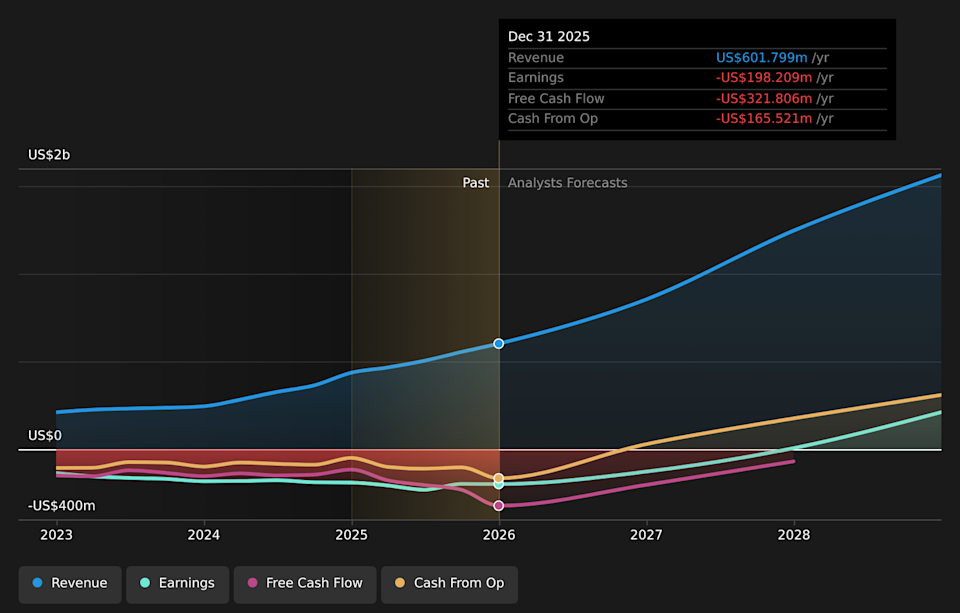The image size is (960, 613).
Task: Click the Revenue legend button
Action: coord(70,583)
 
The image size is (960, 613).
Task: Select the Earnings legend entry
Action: coord(177,583)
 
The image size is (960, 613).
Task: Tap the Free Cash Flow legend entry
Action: coord(305,583)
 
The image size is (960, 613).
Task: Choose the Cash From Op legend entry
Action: coord(449,583)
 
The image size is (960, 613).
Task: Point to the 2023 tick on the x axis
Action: coord(57,535)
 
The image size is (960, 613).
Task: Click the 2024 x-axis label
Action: coord(204,535)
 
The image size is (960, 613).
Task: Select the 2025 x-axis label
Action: coord(352,535)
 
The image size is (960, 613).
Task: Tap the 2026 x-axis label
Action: coord(499,535)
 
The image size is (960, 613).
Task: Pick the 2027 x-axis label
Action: coord(647,535)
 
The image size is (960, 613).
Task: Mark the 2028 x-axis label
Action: coord(794,535)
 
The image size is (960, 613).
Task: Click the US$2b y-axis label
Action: coord(49,155)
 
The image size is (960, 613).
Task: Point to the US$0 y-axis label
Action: coord(45,436)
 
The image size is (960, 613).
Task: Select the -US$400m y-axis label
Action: coord(62,506)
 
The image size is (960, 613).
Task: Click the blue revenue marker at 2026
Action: coord(499,343)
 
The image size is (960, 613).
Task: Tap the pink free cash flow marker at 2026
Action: coord(499,506)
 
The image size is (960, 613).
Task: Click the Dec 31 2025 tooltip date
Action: coord(549,36)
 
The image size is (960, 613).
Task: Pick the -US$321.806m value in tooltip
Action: coord(762,99)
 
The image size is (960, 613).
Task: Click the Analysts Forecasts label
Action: coord(568,183)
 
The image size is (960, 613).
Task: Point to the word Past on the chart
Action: coord(476,183)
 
